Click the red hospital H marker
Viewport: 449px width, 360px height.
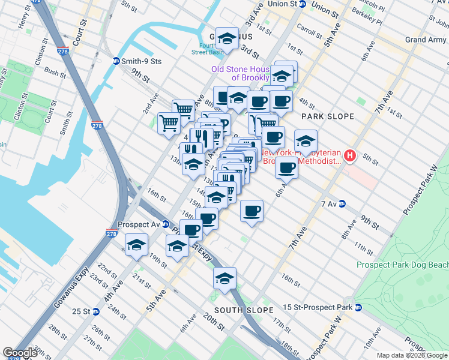pyautogui.click(x=350, y=157)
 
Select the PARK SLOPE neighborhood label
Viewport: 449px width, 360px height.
pyautogui.click(x=328, y=116)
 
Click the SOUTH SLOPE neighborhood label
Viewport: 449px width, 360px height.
pyautogui.click(x=238, y=310)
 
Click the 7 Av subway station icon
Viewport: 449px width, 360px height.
pyautogui.click(x=342, y=204)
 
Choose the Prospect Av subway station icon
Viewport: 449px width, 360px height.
pyautogui.click(x=166, y=224)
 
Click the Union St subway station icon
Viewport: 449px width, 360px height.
pyautogui.click(x=303, y=4)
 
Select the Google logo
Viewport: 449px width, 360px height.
pyautogui.click(x=20, y=353)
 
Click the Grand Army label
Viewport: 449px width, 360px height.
pyautogui.click(x=425, y=40)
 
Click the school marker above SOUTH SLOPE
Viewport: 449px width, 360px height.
pyautogui.click(x=224, y=278)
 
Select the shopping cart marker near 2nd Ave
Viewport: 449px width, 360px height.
pyautogui.click(x=169, y=123)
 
